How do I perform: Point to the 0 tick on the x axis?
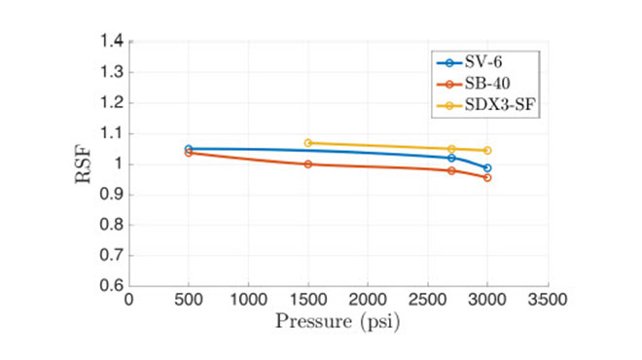tap(129, 301)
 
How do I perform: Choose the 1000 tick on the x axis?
tap(249, 301)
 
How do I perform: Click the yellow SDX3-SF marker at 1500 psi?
tap(308, 143)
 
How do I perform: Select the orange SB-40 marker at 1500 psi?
tap(308, 164)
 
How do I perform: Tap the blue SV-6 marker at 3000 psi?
tap(487, 168)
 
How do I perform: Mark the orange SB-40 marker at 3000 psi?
tap(487, 178)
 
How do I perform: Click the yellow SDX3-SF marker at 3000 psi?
tap(487, 151)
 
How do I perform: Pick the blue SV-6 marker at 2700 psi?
tap(451, 158)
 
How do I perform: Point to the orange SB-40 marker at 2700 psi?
tap(451, 171)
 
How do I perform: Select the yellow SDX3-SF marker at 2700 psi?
tap(451, 149)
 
